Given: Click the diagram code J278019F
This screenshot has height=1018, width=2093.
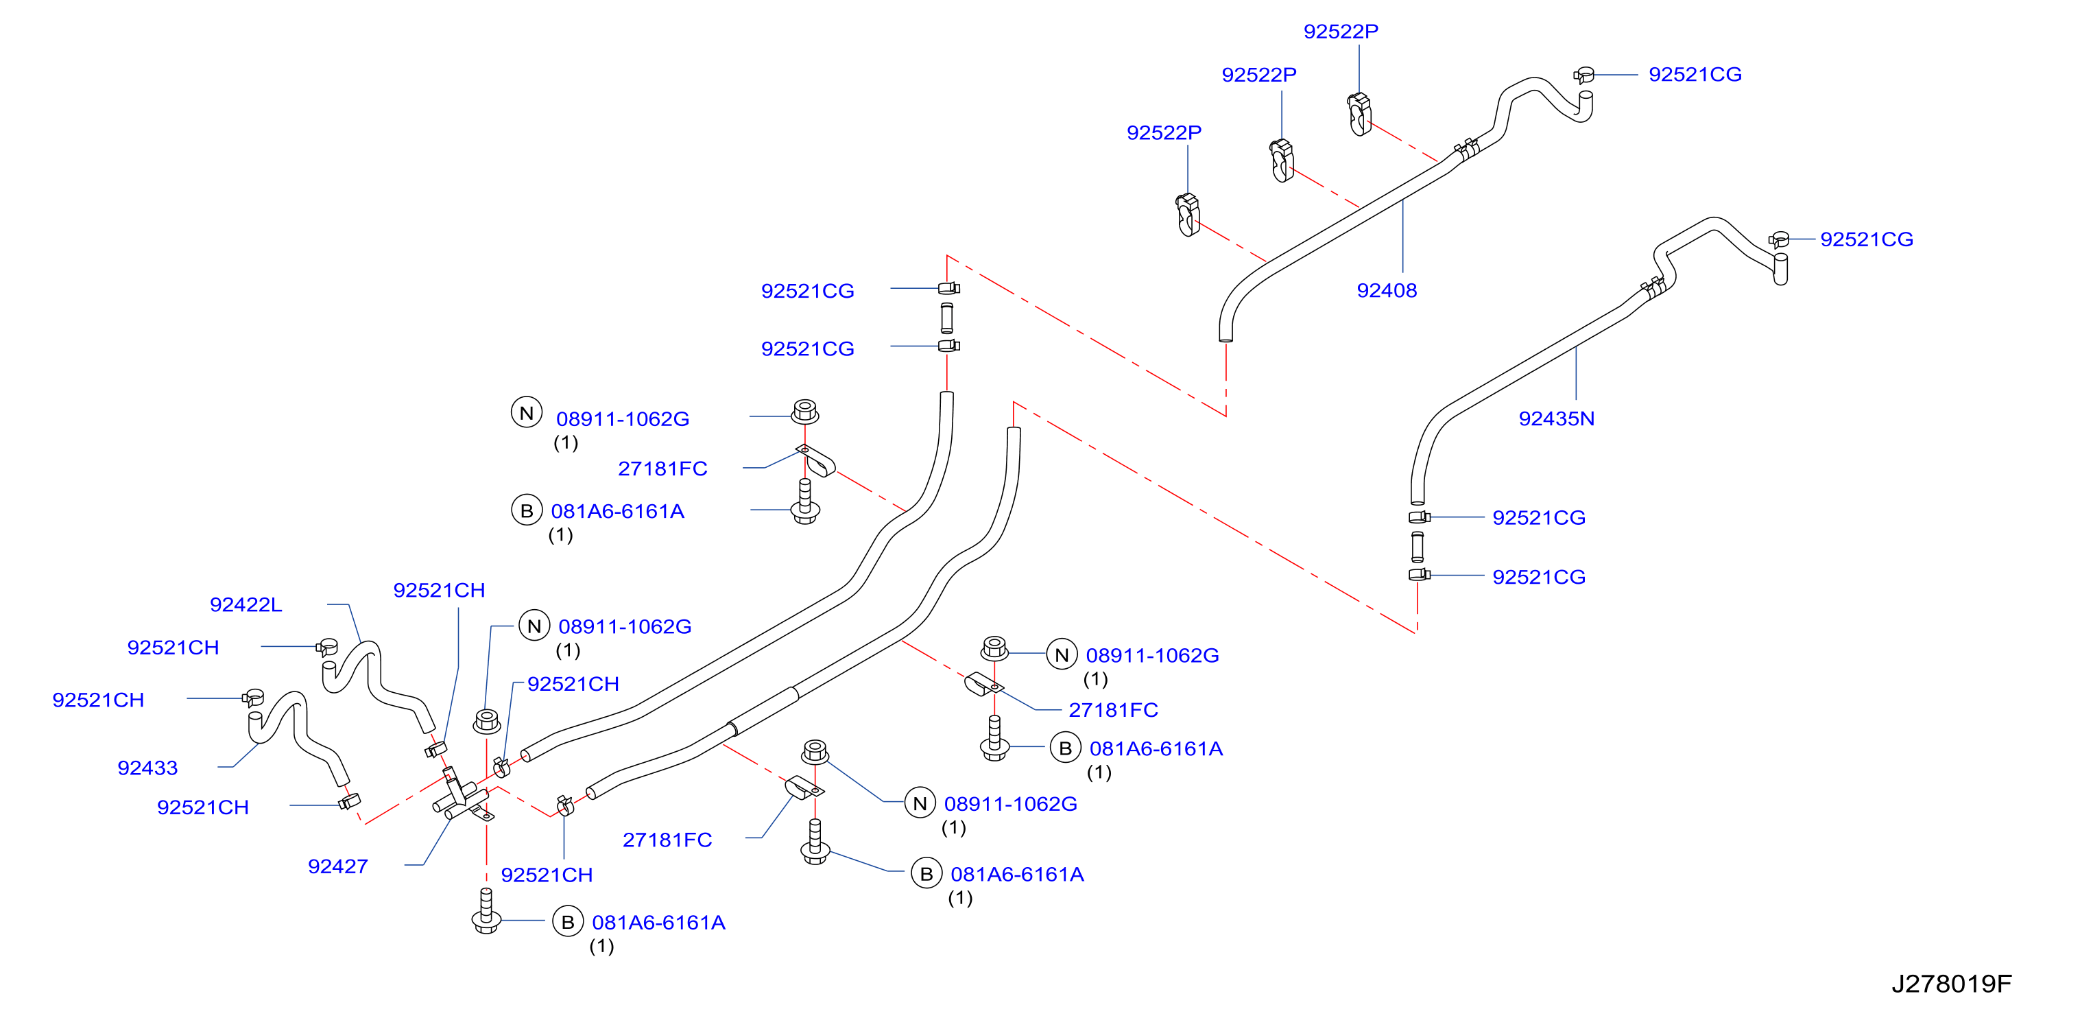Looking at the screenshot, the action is click(1951, 983).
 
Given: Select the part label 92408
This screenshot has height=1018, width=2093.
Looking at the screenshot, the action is click(1386, 290).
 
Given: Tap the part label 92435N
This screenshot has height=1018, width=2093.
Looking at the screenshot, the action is click(1556, 418).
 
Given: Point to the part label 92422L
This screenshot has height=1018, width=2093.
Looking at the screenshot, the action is click(246, 604).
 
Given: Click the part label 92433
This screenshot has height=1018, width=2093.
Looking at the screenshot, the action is click(147, 768).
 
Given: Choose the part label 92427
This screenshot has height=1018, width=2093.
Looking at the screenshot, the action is click(337, 866).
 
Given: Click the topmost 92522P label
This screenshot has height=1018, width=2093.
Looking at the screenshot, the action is click(1341, 31).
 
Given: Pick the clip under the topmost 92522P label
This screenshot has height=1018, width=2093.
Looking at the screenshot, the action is click(1359, 114).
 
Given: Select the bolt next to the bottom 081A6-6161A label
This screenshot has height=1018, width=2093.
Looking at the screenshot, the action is click(486, 911).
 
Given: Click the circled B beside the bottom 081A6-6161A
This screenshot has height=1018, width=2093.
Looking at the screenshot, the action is click(568, 922).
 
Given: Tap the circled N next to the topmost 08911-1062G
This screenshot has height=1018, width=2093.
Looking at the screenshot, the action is click(527, 413).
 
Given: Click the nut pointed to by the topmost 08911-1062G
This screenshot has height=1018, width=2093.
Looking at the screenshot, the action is click(804, 411).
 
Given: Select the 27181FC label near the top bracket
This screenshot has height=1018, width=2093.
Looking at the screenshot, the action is click(662, 469).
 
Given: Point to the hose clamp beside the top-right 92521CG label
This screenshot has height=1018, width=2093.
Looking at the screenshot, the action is click(1583, 75).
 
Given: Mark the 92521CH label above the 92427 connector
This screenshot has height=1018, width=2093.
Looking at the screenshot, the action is click(439, 590).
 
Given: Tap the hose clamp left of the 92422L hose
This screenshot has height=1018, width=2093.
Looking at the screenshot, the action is click(326, 648).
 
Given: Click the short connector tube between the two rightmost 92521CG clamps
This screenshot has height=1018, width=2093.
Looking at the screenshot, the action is click(1417, 547).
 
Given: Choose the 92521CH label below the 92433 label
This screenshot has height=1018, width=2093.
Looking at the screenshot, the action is click(202, 807).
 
